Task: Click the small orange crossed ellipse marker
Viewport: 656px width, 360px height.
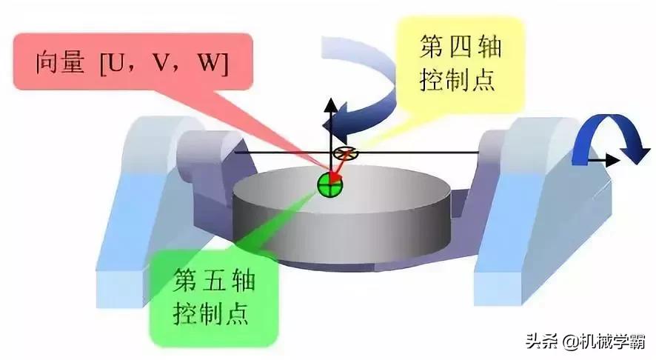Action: pos(345,153)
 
